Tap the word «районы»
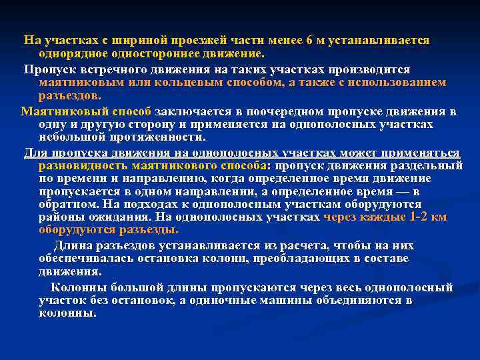click(61, 217)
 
